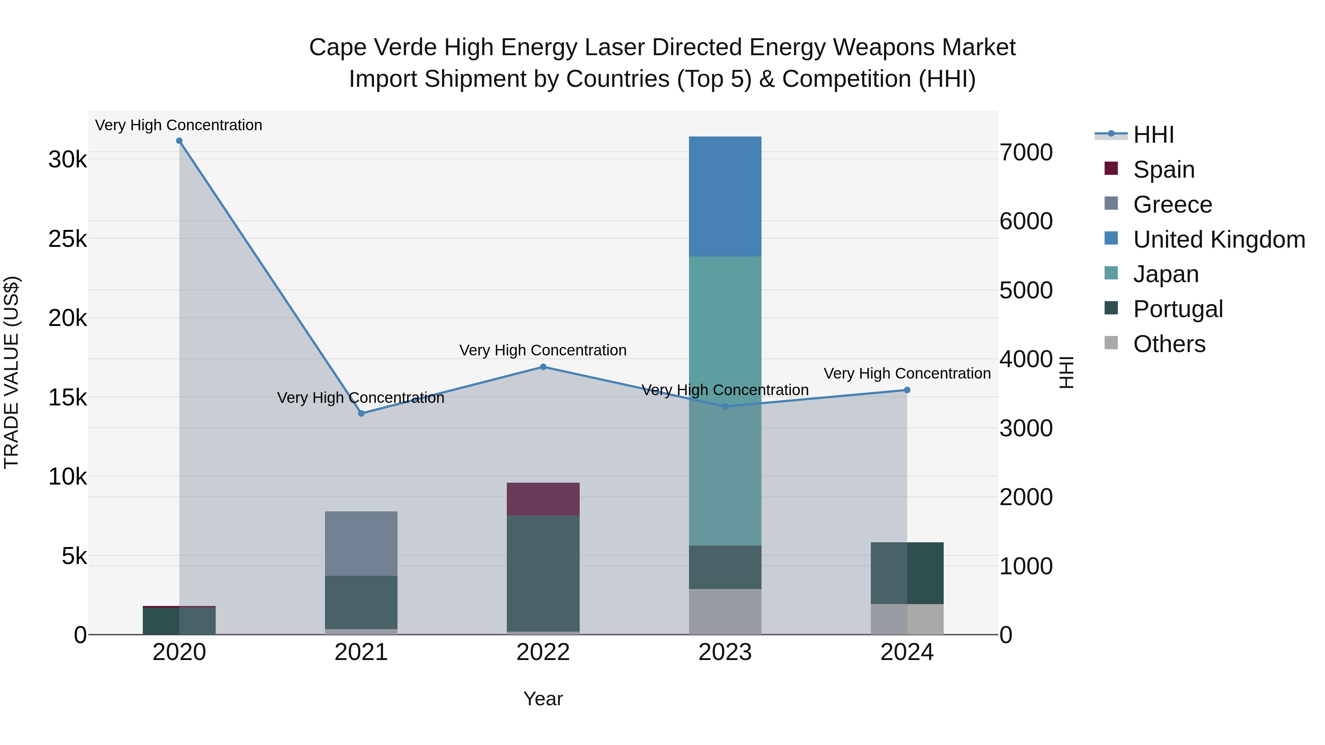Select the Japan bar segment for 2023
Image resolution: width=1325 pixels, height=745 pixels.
725,401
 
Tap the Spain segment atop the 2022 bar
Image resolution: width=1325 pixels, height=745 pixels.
543,499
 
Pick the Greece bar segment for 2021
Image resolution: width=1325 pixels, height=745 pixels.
361,543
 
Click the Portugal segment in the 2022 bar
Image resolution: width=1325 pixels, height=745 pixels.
543,573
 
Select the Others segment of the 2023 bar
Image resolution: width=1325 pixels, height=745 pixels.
725,611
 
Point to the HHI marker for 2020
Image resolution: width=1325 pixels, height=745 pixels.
179,141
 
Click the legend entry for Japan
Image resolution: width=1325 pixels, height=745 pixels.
1166,274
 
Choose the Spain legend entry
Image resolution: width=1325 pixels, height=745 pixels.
1163,170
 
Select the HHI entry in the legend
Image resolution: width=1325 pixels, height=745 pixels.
1153,135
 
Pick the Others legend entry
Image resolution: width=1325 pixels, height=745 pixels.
1169,344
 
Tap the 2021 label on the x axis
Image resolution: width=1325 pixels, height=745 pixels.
361,652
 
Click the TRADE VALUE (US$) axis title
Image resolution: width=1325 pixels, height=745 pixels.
11,372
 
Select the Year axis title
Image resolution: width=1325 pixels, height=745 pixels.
543,699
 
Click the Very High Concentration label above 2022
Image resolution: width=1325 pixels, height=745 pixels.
543,350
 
